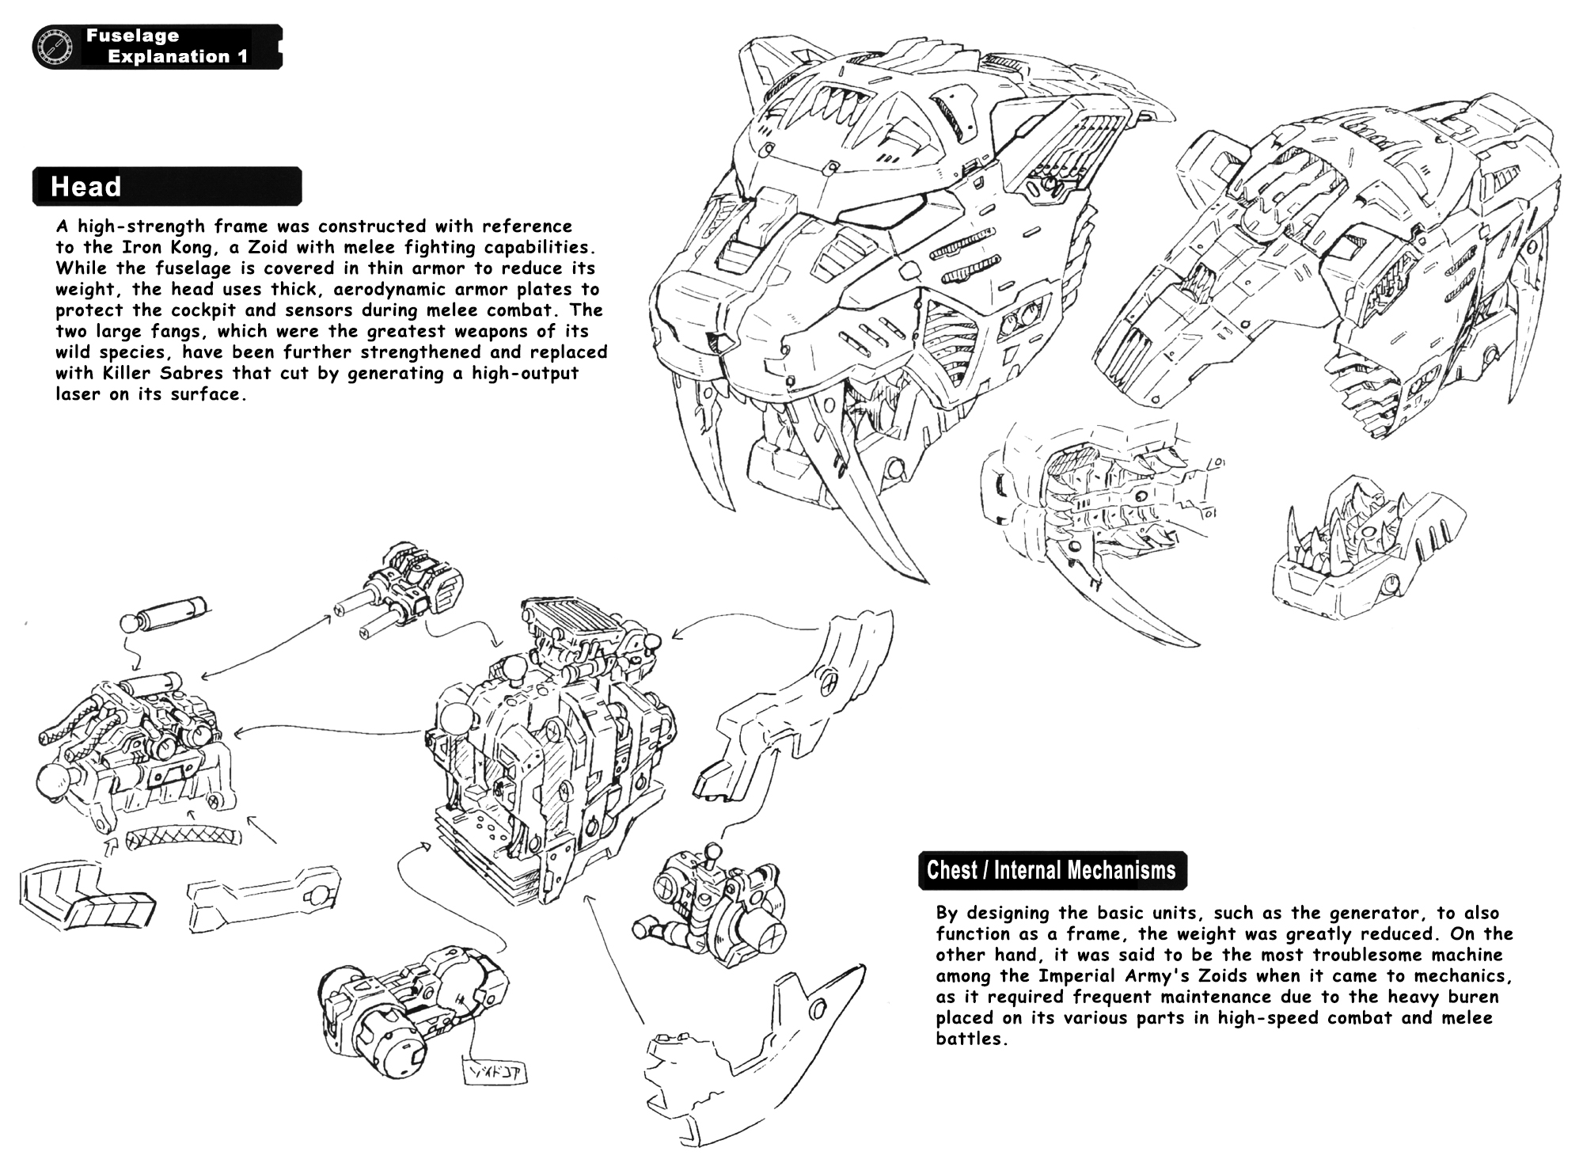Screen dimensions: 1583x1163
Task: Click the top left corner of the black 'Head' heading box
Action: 33,168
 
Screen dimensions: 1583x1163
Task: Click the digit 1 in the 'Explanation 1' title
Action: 242,57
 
